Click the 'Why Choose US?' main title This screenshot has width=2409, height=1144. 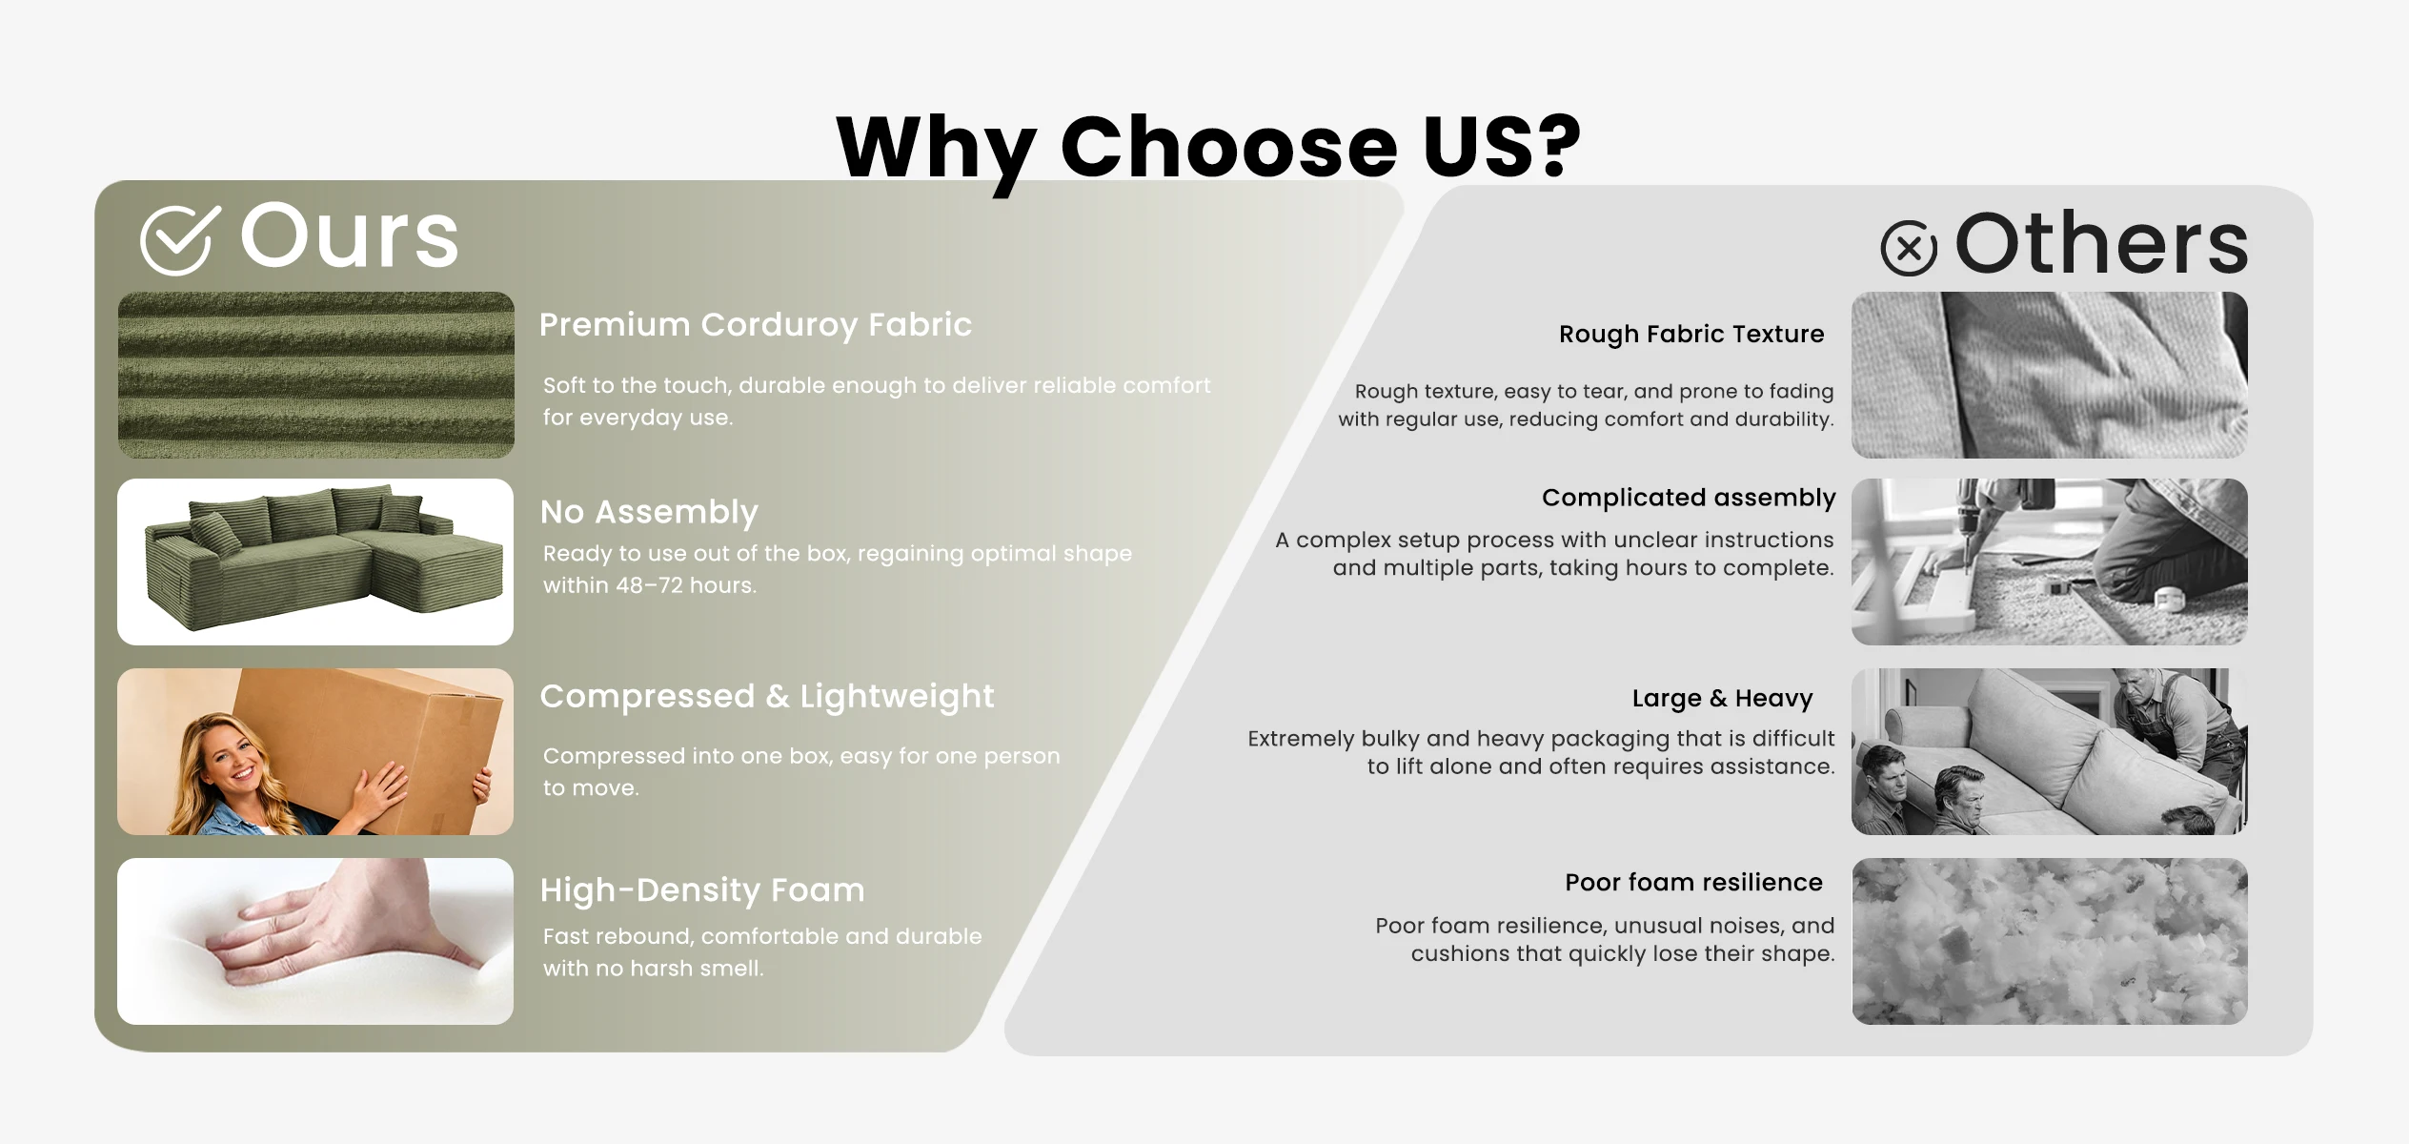tap(1208, 147)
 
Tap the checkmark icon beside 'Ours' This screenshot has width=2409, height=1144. tap(179, 240)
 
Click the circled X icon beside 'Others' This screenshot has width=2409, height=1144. tap(1909, 248)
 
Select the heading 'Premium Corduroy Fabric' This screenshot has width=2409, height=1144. tap(756, 325)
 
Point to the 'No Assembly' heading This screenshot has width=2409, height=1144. tap(649, 512)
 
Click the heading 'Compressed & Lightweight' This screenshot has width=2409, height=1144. tap(767, 697)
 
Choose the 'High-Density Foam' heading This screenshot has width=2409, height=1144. tap(702, 890)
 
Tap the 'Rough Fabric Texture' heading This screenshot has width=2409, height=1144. tap(1691, 334)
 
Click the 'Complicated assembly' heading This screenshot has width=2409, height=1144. tap(1689, 498)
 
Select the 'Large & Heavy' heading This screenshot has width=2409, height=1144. tap(1722, 698)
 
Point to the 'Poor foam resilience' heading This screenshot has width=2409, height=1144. tap(1693, 882)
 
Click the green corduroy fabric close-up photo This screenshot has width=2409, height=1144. tap(315, 375)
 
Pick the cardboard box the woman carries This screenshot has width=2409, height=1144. tap(367, 739)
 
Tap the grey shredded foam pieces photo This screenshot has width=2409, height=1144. tap(2050, 942)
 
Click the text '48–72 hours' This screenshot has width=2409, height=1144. tap(686, 585)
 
